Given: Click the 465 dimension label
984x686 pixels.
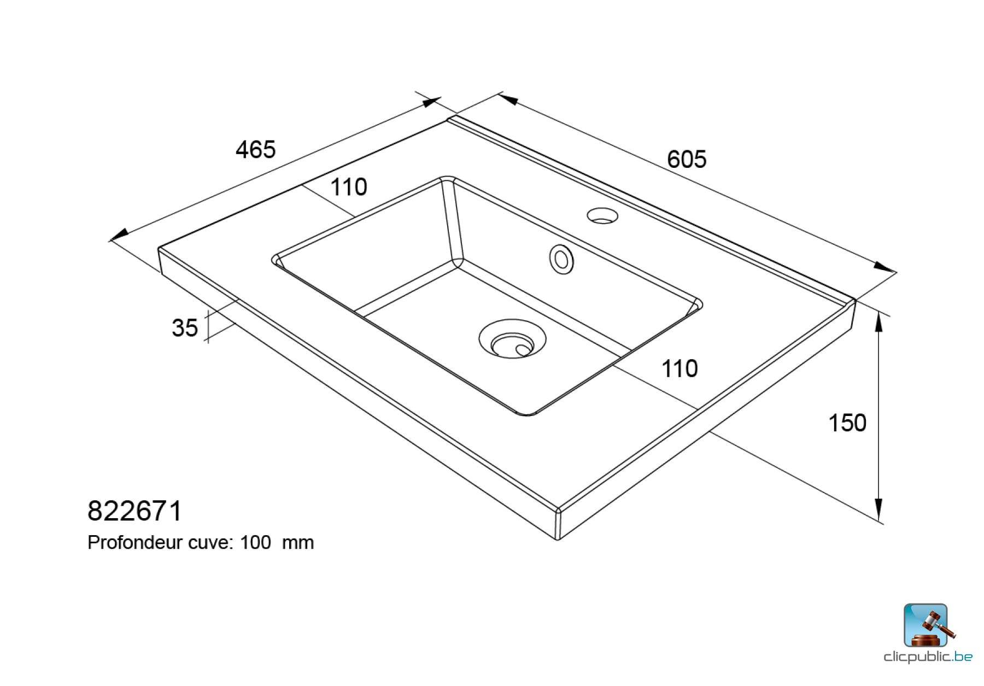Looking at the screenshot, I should pyautogui.click(x=255, y=150).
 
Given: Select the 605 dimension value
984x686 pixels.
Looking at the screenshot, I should pyautogui.click(x=687, y=160).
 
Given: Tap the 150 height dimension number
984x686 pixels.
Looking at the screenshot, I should pyautogui.click(x=847, y=423).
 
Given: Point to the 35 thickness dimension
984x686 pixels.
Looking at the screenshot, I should pyautogui.click(x=185, y=328).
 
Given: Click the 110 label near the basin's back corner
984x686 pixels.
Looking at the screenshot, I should pyautogui.click(x=349, y=187).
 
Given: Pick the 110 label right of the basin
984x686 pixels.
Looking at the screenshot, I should pyautogui.click(x=680, y=369).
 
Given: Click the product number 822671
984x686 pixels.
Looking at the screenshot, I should pyautogui.click(x=134, y=511).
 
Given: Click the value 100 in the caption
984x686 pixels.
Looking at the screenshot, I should pyautogui.click(x=255, y=543).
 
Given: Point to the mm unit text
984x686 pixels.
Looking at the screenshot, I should pyautogui.click(x=298, y=543).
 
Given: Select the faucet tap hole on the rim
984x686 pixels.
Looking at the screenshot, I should pyautogui.click(x=602, y=216).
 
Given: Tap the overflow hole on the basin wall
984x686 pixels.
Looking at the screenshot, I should pyautogui.click(x=561, y=259).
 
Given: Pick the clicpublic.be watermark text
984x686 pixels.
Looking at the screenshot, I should pyautogui.click(x=928, y=656).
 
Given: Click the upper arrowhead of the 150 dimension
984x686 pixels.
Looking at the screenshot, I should pyautogui.click(x=878, y=323).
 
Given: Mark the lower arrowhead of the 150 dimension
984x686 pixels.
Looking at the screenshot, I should pyautogui.click(x=878, y=509).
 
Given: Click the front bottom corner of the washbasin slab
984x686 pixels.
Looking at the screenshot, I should pyautogui.click(x=558, y=538).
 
